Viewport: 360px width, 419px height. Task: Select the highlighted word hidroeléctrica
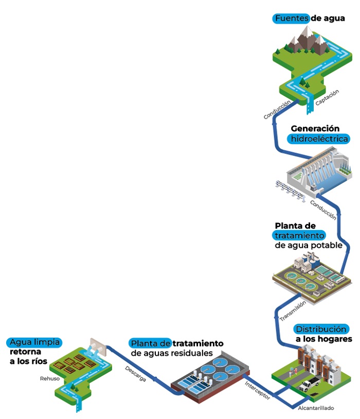(319, 138)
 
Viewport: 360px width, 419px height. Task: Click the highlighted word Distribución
(321, 329)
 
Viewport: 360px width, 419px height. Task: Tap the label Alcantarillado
(316, 408)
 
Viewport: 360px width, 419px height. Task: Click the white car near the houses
(310, 383)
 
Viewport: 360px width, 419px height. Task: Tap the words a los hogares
(323, 339)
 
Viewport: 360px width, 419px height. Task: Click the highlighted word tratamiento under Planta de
(299, 235)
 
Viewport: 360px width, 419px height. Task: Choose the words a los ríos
(28, 362)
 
